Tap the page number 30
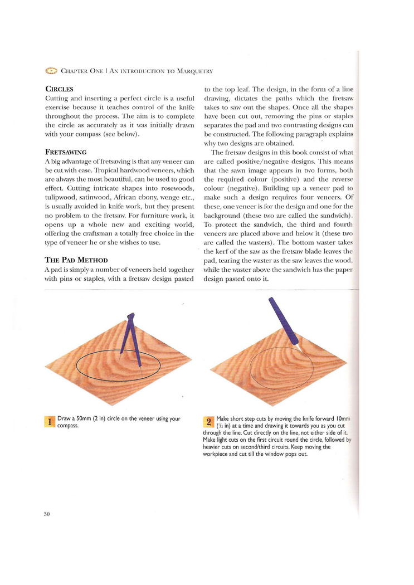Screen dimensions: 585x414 pyautogui.click(x=47, y=514)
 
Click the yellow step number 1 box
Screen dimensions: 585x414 pyautogui.click(x=49, y=422)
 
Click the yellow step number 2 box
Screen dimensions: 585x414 pyautogui.click(x=209, y=422)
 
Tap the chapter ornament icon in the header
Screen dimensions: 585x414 pyautogui.click(x=51, y=71)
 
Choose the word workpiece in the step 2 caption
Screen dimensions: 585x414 pyautogui.click(x=217, y=454)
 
